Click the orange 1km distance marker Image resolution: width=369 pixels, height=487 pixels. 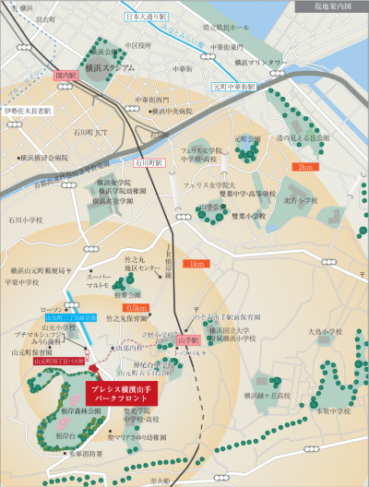195,265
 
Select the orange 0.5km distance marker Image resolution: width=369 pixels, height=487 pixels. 137,307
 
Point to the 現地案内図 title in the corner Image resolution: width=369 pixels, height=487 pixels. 329,7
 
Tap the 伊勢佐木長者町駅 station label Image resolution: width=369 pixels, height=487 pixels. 27,110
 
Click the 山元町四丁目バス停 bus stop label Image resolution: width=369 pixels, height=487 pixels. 58,362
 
